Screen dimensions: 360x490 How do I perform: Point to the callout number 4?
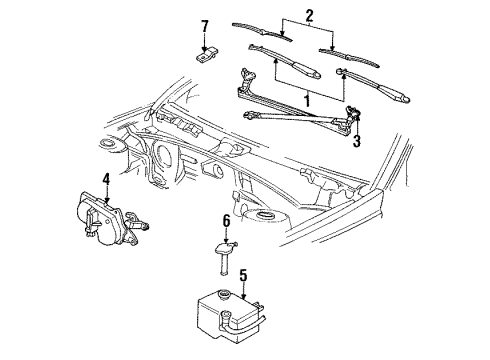click(x=105, y=179)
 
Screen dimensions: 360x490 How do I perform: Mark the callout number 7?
click(x=204, y=25)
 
